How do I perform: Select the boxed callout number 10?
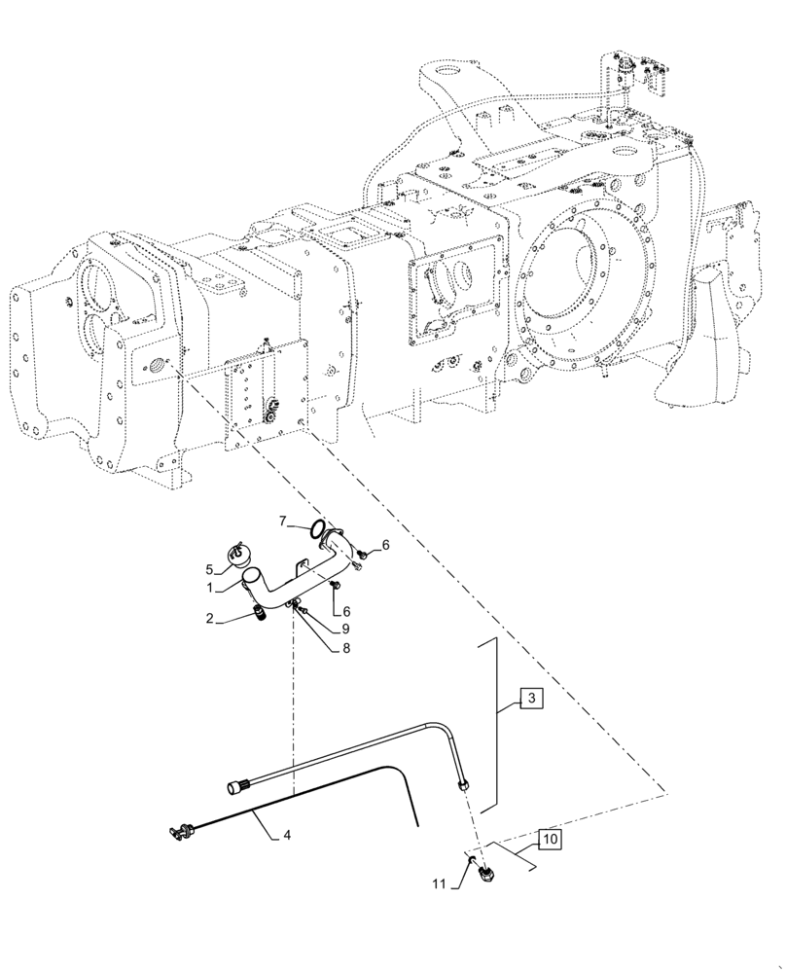(549, 838)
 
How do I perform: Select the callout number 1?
(208, 588)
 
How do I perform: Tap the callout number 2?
(208, 618)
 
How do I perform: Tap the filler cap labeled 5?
(239, 552)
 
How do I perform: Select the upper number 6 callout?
(385, 546)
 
